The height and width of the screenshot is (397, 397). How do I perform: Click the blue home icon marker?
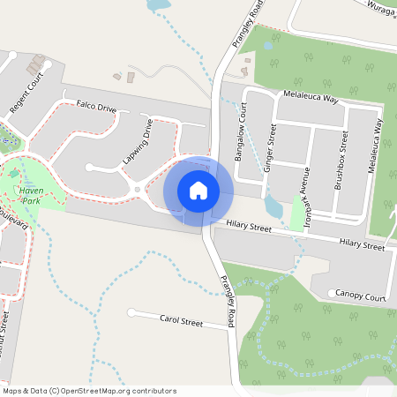pos(198,190)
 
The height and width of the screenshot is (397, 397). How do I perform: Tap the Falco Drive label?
pos(96,107)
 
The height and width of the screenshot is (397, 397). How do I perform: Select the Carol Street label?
pos(181,321)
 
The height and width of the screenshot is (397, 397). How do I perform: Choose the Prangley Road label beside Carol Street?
pos(227,303)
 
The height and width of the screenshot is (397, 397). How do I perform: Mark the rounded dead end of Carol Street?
pos(131,312)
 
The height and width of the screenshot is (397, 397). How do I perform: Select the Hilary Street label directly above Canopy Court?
pos(363,243)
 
